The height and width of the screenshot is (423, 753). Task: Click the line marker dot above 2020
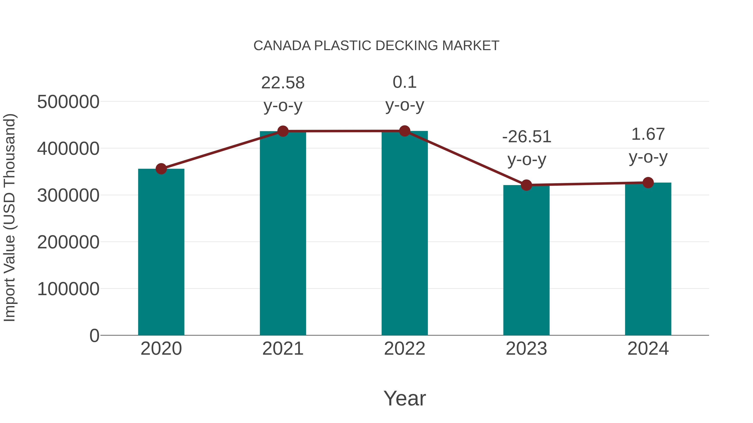pyautogui.click(x=161, y=169)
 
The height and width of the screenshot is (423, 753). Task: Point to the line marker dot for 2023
pyautogui.click(x=526, y=185)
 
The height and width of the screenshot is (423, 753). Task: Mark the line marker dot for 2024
pyautogui.click(x=648, y=183)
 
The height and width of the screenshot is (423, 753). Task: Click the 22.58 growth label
pyautogui.click(x=283, y=83)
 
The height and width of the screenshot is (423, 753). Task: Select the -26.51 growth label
pyautogui.click(x=526, y=137)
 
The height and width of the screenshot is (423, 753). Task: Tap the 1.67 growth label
pyautogui.click(x=648, y=134)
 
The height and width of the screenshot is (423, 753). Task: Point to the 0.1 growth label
pyautogui.click(x=405, y=82)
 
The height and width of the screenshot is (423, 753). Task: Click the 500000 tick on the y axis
pyautogui.click(x=68, y=102)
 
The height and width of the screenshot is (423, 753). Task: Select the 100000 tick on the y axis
pyautogui.click(x=68, y=289)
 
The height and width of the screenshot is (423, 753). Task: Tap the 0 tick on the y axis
pyautogui.click(x=94, y=336)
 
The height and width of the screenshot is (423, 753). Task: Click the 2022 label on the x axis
pyautogui.click(x=405, y=349)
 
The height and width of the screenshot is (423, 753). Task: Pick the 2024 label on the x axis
pyautogui.click(x=648, y=349)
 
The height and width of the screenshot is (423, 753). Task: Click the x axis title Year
pyautogui.click(x=405, y=398)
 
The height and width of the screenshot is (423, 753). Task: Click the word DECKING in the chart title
pyautogui.click(x=407, y=46)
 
